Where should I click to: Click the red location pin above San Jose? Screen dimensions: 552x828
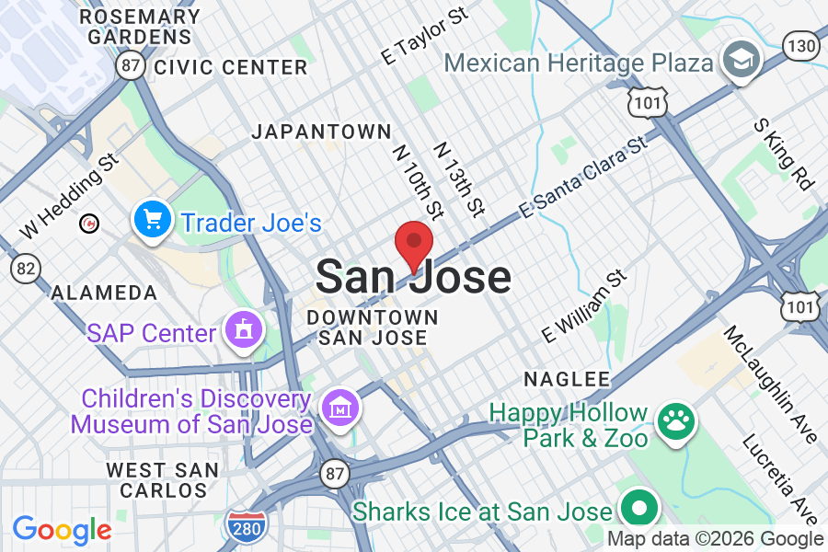[414, 243]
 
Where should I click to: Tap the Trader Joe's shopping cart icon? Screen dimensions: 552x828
[152, 220]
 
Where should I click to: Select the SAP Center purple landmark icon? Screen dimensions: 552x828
[244, 329]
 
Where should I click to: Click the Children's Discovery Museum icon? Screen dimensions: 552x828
[338, 404]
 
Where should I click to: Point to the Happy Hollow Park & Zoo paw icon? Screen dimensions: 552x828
[676, 421]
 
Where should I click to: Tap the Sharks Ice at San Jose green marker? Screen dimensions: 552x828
[638, 508]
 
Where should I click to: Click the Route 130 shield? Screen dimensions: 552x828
[800, 45]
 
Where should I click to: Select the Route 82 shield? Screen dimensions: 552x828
[25, 268]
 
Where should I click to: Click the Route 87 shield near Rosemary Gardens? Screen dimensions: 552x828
[130, 64]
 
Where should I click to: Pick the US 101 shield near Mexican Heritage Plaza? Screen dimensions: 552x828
[649, 102]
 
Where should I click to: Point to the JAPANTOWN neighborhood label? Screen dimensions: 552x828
[322, 132]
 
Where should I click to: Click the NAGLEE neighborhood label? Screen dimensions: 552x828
[567, 379]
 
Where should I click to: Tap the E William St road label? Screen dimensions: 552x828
[584, 306]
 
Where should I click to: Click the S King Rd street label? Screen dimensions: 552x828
[784, 153]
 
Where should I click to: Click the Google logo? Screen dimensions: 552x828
[62, 531]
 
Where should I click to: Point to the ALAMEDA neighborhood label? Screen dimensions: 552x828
[104, 293]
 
